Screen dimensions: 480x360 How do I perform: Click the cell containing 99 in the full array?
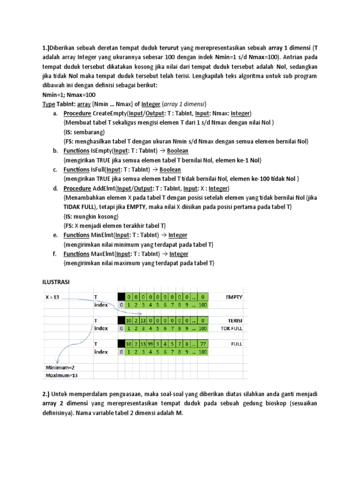(150, 344)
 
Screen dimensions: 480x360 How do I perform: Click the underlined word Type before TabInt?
(48, 104)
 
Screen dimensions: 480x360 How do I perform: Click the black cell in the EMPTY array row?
(121, 297)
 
